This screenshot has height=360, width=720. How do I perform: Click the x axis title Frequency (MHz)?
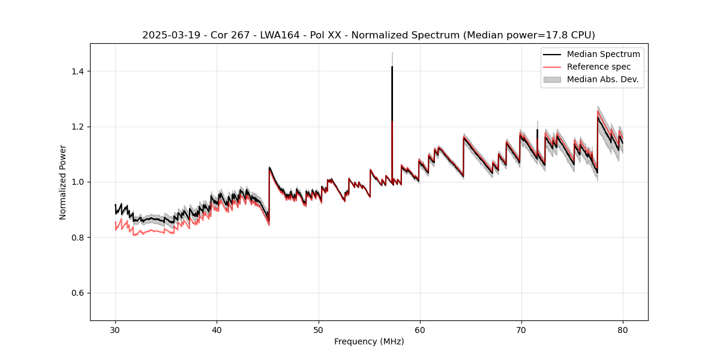tap(369, 341)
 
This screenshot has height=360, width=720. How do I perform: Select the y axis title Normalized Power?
tap(63, 182)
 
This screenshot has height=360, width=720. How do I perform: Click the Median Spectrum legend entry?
tap(603, 54)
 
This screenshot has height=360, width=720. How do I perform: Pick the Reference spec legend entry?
tap(598, 67)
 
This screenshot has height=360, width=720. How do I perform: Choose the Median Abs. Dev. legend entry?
tap(602, 79)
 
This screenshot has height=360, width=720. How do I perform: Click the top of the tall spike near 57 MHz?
tap(392, 67)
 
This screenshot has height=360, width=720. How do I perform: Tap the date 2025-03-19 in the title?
tap(169, 35)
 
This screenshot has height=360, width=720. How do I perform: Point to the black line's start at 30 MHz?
tap(115, 205)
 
